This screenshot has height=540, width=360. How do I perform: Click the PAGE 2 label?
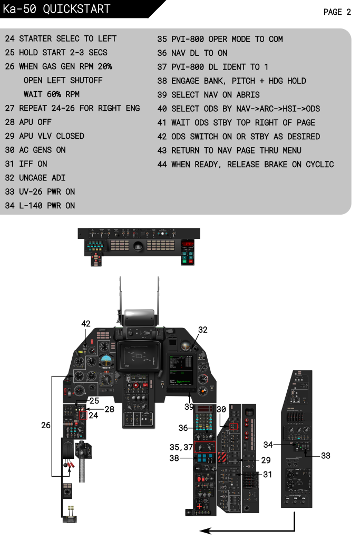point(337,12)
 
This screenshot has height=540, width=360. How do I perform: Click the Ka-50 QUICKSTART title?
point(56,9)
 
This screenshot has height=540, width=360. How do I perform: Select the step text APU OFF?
point(35,122)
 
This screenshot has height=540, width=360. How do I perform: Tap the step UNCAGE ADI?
point(43,178)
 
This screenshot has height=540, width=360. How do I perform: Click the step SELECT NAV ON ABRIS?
point(215,95)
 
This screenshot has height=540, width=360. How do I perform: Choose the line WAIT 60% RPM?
point(51,94)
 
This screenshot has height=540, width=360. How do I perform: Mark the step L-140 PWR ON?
point(47,206)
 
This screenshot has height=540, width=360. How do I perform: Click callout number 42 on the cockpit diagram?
point(86,323)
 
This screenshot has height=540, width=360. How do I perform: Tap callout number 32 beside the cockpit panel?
point(202,330)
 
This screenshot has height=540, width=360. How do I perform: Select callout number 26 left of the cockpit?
point(46,425)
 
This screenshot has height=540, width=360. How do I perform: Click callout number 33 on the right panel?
point(326,455)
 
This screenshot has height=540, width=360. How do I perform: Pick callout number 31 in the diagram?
point(268,475)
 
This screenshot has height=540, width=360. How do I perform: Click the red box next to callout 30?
point(234,426)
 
